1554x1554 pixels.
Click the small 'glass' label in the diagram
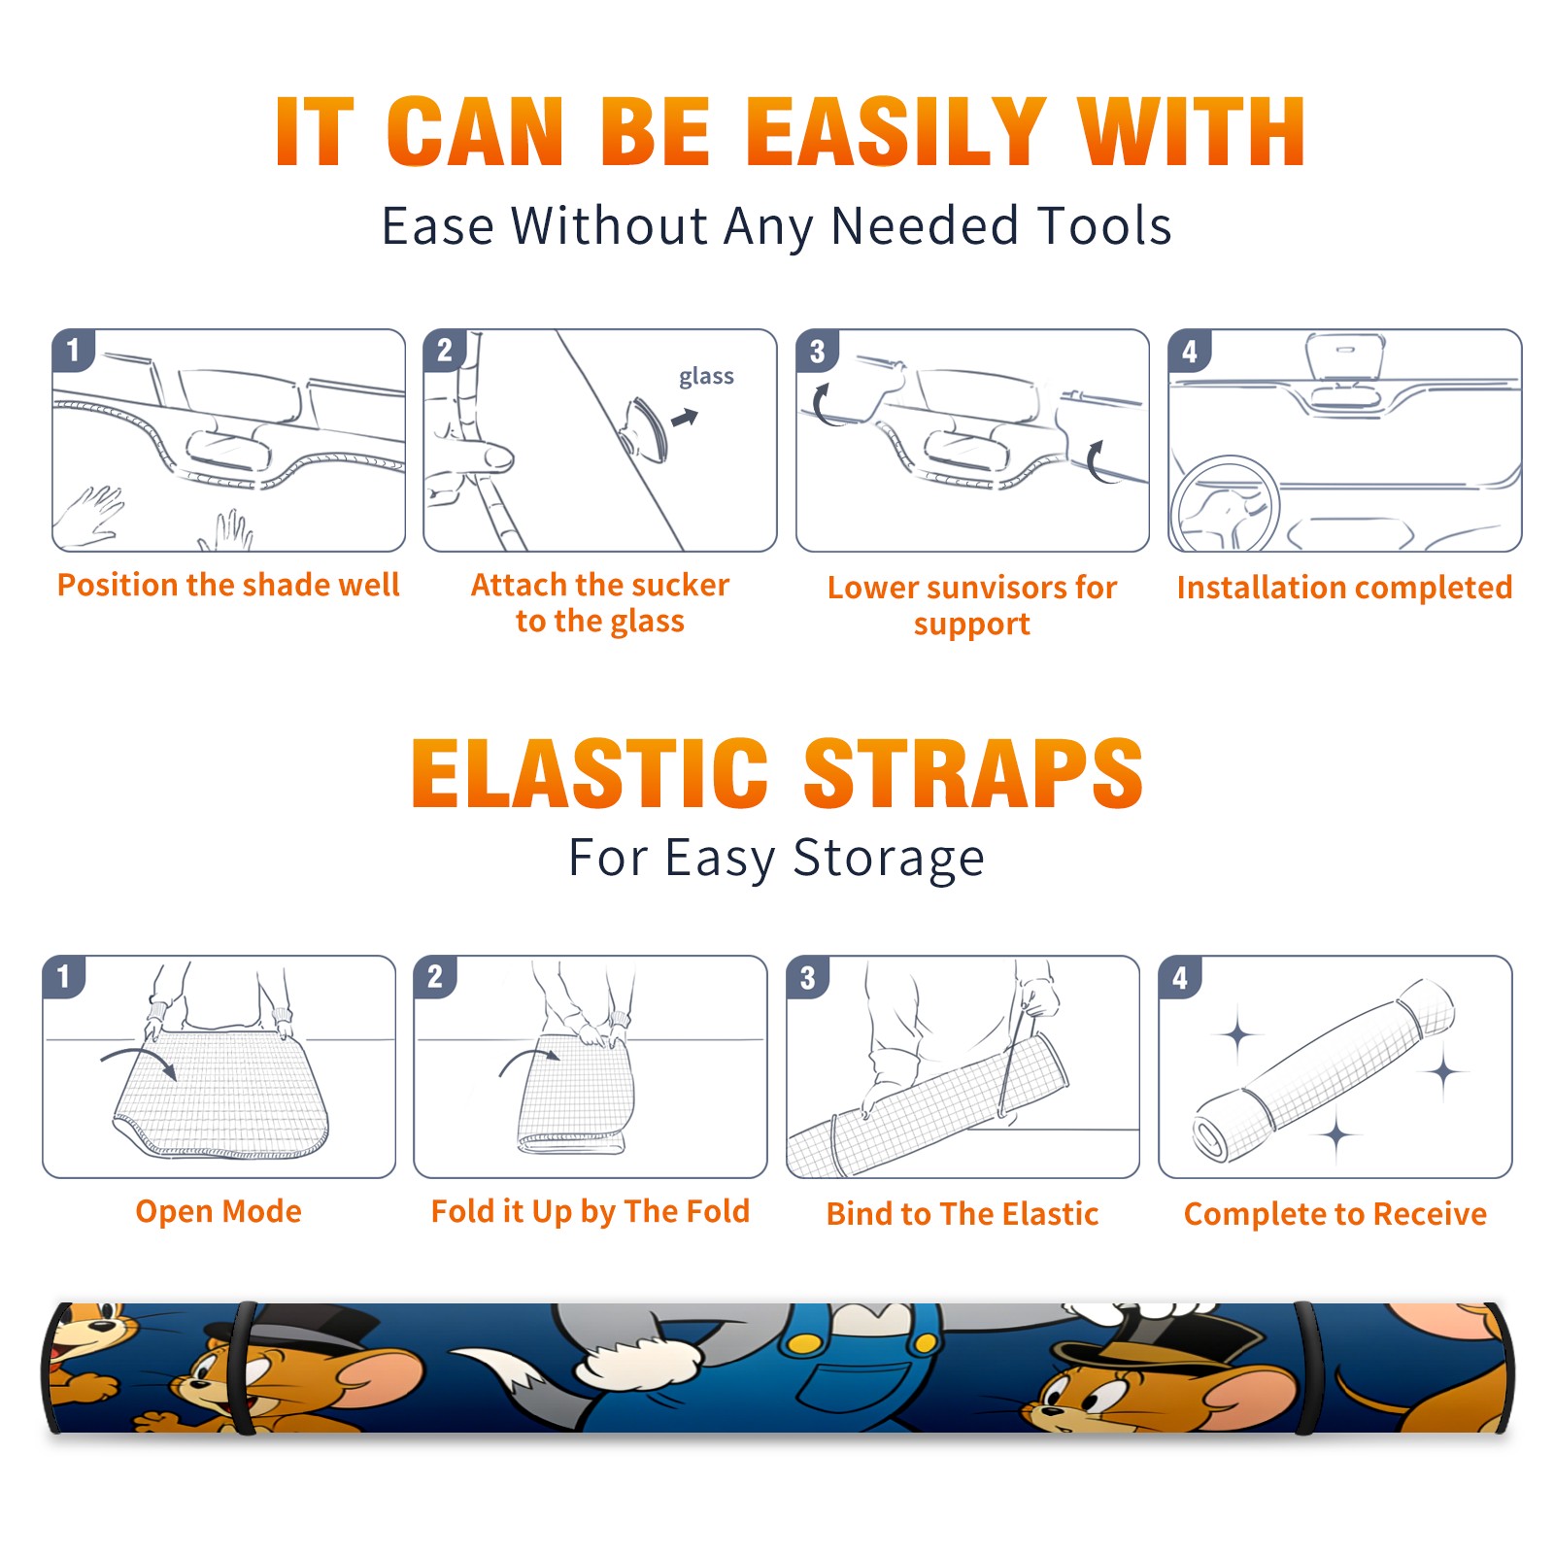tap(706, 377)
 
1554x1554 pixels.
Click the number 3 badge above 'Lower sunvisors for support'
tap(817, 351)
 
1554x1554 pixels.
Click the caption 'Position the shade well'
tap(228, 585)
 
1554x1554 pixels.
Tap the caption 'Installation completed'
tap(1344, 588)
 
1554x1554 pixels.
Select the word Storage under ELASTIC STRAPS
tap(889, 859)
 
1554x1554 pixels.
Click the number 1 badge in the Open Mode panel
tap(64, 976)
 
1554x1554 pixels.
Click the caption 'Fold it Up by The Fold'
tap(591, 1211)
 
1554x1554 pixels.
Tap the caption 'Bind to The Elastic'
tap(963, 1214)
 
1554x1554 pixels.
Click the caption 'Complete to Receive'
tap(1335, 1214)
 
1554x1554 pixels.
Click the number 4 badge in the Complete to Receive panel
tap(1180, 976)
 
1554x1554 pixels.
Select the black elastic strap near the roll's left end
tap(243, 1368)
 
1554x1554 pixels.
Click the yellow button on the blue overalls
tap(804, 1342)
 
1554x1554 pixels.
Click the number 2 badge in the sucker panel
tap(445, 351)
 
